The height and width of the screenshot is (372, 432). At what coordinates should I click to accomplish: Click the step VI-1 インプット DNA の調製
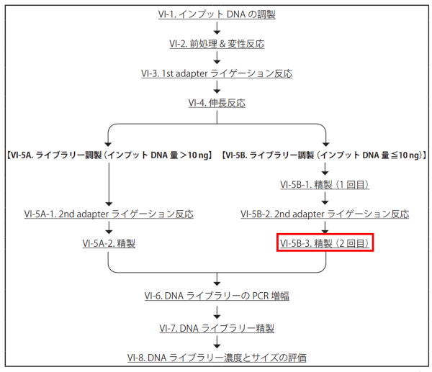tap(217, 13)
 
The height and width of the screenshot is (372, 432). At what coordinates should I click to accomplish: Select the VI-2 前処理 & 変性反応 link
tap(217, 43)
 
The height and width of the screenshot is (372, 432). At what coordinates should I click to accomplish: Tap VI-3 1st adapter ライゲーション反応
tap(217, 73)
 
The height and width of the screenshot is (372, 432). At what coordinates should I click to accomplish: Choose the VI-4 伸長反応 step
tap(217, 103)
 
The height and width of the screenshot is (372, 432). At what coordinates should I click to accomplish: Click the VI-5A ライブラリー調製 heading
tap(108, 154)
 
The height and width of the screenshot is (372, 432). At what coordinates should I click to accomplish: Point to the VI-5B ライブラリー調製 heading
tap(325, 154)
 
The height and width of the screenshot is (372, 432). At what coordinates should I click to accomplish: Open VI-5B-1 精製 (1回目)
tap(325, 185)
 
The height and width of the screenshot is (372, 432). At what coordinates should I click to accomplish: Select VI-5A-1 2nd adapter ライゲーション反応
tap(109, 214)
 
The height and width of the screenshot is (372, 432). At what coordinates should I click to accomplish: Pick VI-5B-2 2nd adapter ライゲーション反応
tap(325, 214)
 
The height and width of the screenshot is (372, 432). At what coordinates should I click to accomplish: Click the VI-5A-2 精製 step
tap(109, 244)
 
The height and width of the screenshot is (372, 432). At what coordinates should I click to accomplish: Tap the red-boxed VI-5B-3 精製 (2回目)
tap(325, 244)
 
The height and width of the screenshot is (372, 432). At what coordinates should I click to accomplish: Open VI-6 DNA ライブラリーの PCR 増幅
tap(217, 296)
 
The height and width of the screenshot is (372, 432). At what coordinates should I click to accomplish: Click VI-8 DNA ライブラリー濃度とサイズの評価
tap(217, 358)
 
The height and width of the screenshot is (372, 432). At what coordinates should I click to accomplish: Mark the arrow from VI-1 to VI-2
tap(217, 28)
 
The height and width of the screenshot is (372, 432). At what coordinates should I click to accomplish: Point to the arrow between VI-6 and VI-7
tap(217, 312)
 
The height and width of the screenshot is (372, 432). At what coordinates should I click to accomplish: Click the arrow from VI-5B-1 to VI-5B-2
tap(325, 199)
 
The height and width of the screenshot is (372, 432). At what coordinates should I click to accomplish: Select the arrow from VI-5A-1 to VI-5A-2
tap(109, 229)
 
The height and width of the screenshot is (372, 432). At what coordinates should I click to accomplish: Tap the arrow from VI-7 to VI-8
tap(217, 342)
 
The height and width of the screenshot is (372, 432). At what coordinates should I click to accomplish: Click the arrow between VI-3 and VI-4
tap(217, 88)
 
